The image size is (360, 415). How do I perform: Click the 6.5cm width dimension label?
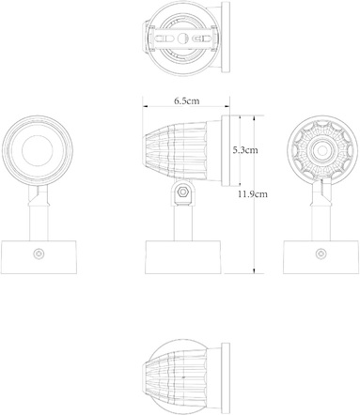[x=185, y=100]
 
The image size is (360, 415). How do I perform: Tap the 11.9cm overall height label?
[x=254, y=194]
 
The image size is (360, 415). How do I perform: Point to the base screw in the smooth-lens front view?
[x=39, y=254]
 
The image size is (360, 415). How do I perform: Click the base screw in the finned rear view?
[x=322, y=253]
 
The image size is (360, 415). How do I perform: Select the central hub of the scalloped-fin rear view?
[x=321, y=149]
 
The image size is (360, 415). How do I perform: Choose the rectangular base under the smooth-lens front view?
[x=39, y=256]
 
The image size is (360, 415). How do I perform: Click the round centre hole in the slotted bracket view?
[x=182, y=38]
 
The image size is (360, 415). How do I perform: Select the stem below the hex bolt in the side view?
[x=181, y=223]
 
